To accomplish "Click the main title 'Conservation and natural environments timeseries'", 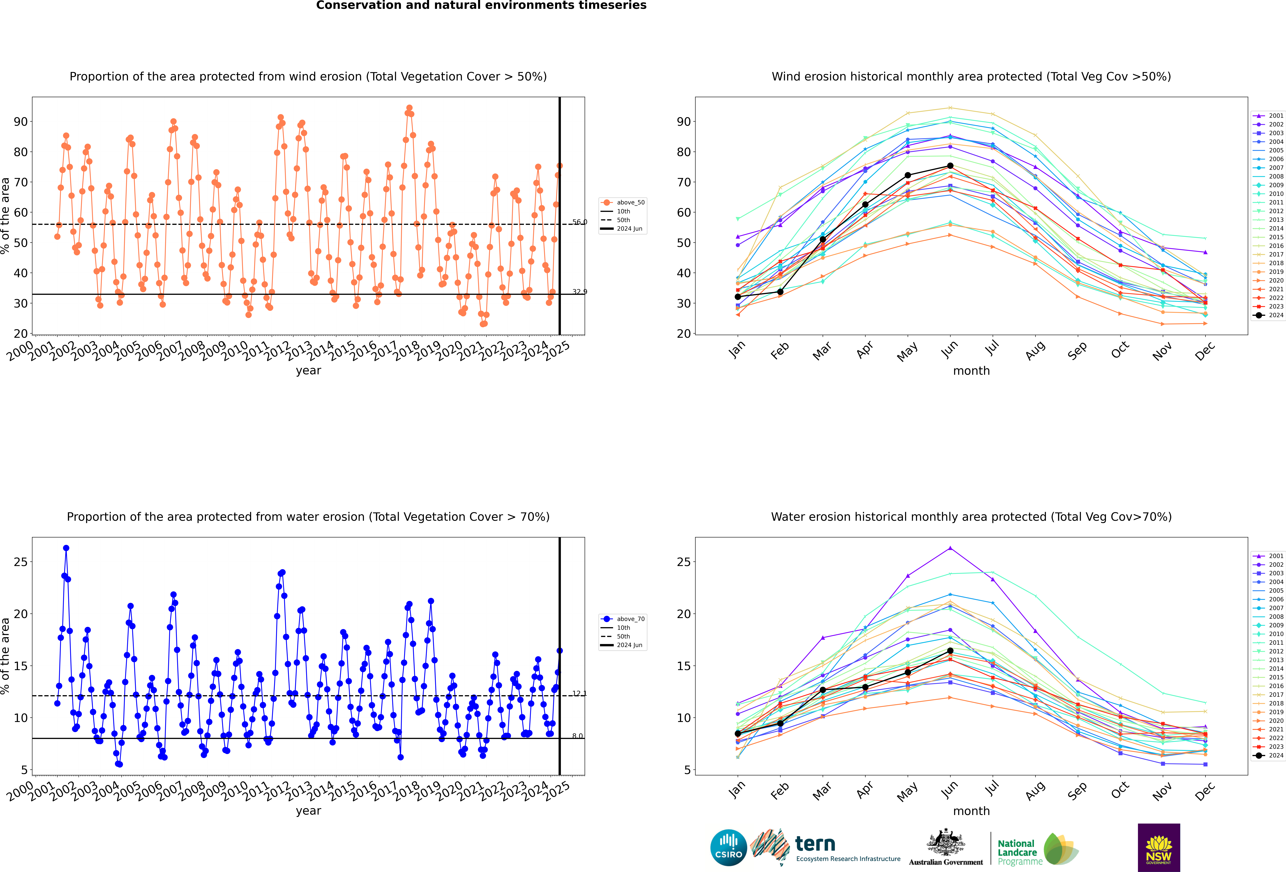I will click(481, 6).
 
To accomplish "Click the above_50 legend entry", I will click(624, 203).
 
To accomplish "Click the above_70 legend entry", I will click(624, 619).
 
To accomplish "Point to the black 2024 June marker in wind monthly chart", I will click(950, 165).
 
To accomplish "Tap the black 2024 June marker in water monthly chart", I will click(950, 650).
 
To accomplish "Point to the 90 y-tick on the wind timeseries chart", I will click(20, 122).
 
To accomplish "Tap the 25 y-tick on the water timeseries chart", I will click(20, 562).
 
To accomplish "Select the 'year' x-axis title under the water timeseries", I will click(308, 811).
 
